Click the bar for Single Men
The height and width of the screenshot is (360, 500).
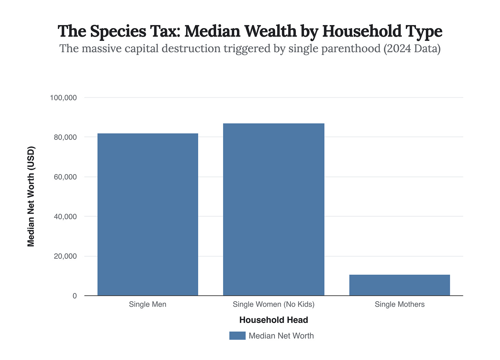(x=148, y=214)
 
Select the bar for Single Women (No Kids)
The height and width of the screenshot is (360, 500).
(x=274, y=209)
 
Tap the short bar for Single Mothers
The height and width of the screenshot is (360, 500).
(x=399, y=285)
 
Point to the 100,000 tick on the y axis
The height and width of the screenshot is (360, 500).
(x=63, y=98)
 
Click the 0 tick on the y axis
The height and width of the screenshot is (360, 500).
(x=75, y=296)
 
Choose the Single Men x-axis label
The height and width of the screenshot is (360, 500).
(x=148, y=304)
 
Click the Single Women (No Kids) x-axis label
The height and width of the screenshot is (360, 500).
(x=274, y=304)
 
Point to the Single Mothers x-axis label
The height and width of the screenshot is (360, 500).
(x=400, y=304)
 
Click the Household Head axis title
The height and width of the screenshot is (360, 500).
(x=274, y=320)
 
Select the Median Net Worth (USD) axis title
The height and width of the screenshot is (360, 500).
(x=31, y=196)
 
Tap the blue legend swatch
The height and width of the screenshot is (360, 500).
(x=237, y=336)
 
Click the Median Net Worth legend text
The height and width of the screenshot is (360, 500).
(x=281, y=336)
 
